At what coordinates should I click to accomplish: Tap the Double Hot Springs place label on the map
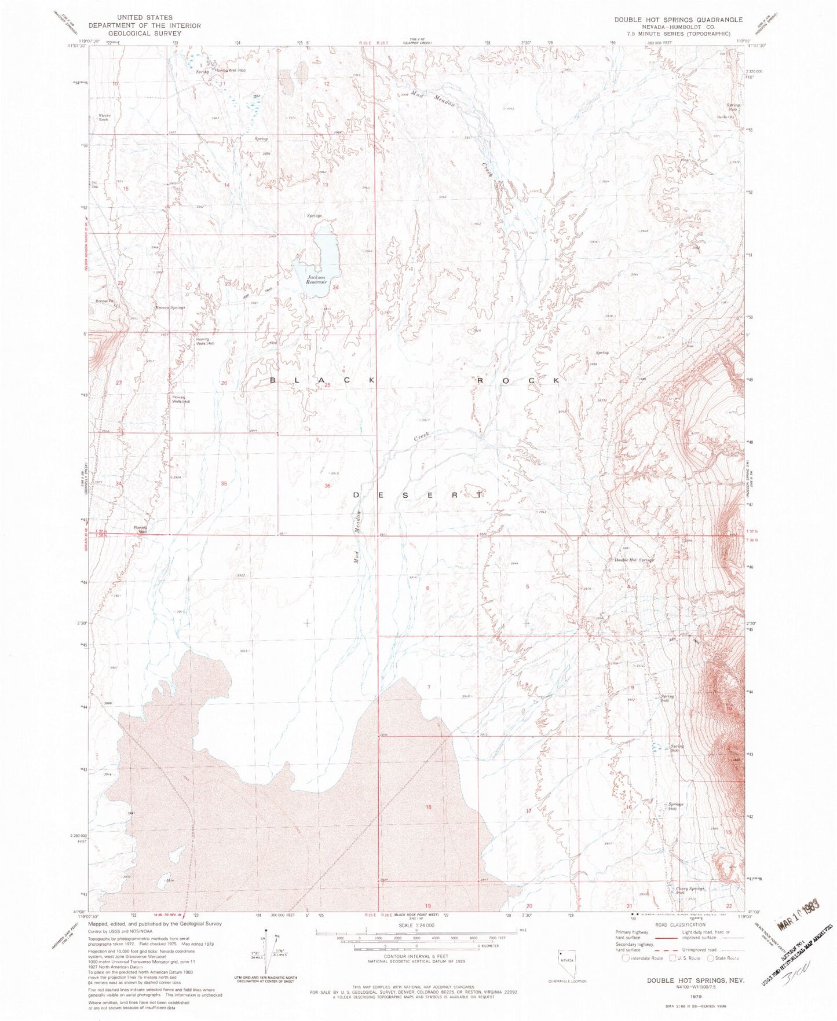coord(634,560)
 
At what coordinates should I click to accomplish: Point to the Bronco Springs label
coord(170,308)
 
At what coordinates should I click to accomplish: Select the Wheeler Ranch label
coord(104,117)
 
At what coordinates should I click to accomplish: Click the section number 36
coord(327,486)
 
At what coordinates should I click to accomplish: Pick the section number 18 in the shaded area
coord(429,807)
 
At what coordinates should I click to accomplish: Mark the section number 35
coord(224,483)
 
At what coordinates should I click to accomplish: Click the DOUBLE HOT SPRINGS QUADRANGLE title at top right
coord(678,20)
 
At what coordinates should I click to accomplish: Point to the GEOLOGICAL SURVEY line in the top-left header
coord(144,34)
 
